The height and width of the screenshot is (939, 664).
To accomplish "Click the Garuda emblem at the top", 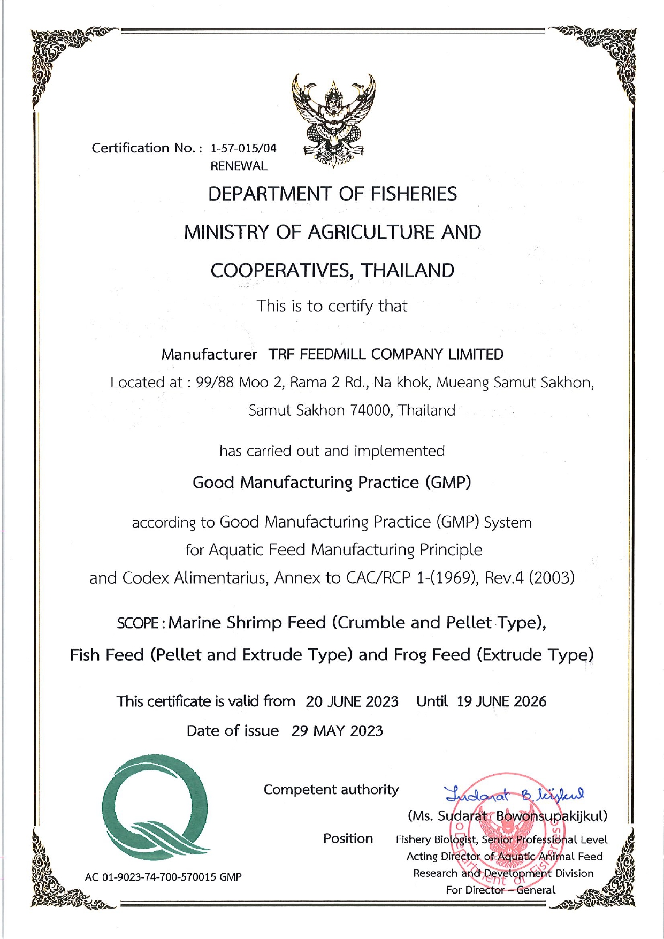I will [x=333, y=121].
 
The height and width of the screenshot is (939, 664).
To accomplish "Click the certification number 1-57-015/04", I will [x=243, y=148].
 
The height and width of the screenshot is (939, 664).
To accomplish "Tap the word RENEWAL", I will [x=239, y=166].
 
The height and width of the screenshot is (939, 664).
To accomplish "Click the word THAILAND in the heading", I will [x=408, y=271].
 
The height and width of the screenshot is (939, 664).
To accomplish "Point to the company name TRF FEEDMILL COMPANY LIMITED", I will [x=386, y=354].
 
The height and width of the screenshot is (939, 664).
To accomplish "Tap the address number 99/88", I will [x=215, y=383].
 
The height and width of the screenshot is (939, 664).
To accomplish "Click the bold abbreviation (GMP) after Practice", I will [x=448, y=483].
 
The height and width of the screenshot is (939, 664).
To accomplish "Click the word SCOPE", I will [x=138, y=623].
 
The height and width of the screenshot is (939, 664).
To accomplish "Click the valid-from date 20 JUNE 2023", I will [x=352, y=701].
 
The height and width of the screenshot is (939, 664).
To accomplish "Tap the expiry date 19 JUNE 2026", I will [x=501, y=701].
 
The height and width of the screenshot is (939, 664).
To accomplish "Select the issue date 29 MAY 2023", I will [x=337, y=731].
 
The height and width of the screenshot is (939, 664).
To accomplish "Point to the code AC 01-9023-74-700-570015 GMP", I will [x=163, y=877].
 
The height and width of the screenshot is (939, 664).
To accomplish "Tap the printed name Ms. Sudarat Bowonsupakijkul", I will [x=507, y=816].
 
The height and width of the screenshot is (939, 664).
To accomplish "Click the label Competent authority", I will [x=331, y=790].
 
